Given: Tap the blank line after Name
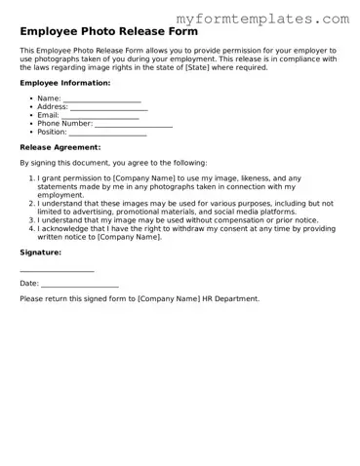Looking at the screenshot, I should (x=101, y=100).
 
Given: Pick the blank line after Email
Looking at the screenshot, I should (x=99, y=117).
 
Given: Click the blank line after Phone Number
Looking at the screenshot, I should (x=134, y=126).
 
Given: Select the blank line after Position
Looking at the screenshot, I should (x=107, y=134).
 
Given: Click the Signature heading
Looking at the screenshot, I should (x=40, y=252).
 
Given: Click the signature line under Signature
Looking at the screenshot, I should (x=57, y=270).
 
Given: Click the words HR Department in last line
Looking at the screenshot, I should (x=230, y=298).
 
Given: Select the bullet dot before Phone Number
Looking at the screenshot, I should (x=30, y=124).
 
